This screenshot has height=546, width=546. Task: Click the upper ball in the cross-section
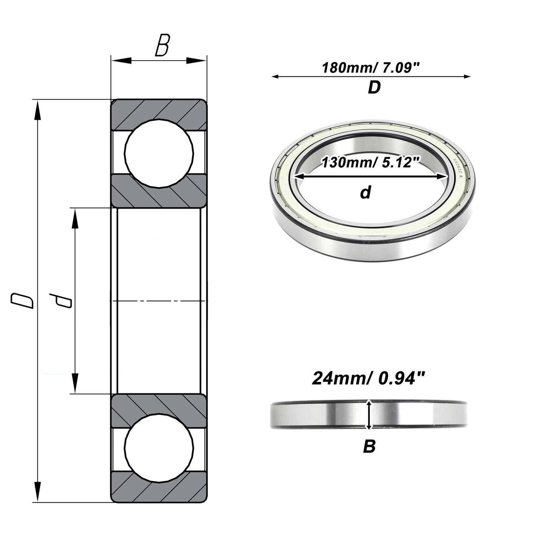159,153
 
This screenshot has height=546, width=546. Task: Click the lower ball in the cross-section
159,448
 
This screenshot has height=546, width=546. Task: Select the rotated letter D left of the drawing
22,301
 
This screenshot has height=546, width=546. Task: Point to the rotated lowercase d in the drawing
60,300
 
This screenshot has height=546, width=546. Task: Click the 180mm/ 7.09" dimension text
370,68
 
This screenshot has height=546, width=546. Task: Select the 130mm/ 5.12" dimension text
370,162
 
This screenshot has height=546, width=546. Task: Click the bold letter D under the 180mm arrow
374,88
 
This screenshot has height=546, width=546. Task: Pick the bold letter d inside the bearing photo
365,192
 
